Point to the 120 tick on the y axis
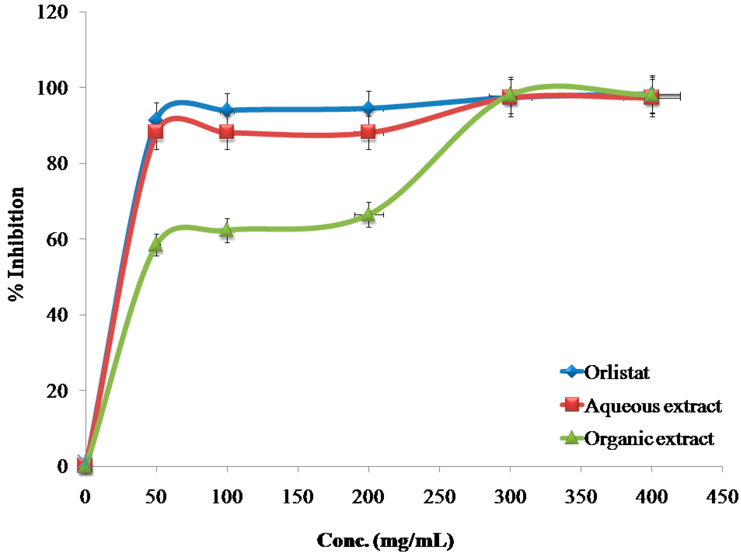[x=52, y=12]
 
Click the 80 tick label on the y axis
[x=57, y=164]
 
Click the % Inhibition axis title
[x=16, y=244]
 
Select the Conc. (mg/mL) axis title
[x=385, y=541]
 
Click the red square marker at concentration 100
[x=227, y=132]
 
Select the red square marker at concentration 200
[x=368, y=132]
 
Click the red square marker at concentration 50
[x=156, y=131]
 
